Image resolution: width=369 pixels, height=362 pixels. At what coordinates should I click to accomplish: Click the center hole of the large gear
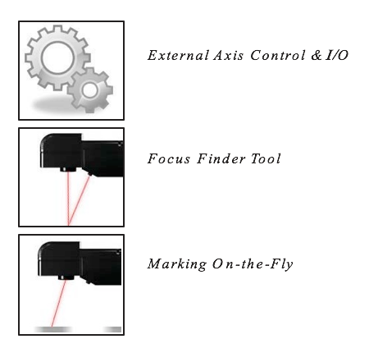click(x=57, y=57)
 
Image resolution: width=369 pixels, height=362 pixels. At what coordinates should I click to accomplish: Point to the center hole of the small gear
click(x=90, y=90)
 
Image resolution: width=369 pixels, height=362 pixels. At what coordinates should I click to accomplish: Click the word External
click(x=178, y=55)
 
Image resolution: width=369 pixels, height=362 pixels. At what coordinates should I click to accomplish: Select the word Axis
click(x=229, y=55)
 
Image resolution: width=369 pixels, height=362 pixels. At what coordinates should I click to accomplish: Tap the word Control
click(x=277, y=55)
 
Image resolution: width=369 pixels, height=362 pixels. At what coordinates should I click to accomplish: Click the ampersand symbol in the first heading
click(x=317, y=55)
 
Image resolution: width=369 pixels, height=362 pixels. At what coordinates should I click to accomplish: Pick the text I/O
click(x=337, y=55)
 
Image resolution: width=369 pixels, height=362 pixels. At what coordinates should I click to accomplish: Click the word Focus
click(x=169, y=158)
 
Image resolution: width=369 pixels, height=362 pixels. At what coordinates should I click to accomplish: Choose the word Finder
click(x=221, y=158)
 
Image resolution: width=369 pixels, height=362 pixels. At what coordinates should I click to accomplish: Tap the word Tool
click(x=266, y=158)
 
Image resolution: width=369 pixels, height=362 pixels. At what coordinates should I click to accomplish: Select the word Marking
click(x=177, y=264)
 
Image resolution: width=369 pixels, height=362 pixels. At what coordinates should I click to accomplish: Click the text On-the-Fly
click(x=253, y=264)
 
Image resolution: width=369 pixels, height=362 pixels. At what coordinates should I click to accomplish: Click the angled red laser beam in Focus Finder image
click(x=79, y=200)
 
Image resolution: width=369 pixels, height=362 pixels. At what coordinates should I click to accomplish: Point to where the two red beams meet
click(x=68, y=225)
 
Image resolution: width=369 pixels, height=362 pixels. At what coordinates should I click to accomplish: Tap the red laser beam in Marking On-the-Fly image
click(x=58, y=303)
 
